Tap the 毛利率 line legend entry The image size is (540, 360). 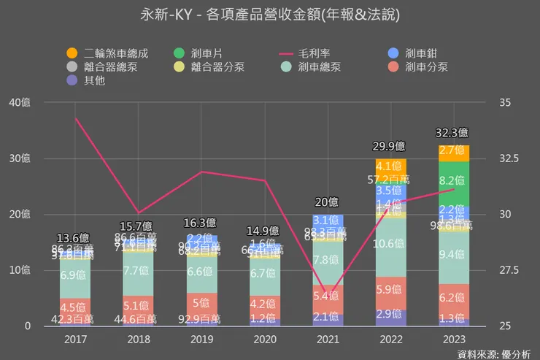pyautogui.click(x=306, y=53)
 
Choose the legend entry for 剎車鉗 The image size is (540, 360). pyautogui.click(x=416, y=53)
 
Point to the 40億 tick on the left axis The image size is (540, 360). pyautogui.click(x=21, y=102)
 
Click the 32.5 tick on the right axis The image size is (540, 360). pyautogui.click(x=509, y=158)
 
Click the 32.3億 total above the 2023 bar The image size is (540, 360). pyautogui.click(x=453, y=134)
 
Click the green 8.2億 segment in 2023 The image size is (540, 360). pyautogui.click(x=453, y=180)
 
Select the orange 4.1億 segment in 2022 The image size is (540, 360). pyautogui.click(x=391, y=166)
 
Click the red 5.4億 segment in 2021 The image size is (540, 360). pyautogui.click(x=328, y=296)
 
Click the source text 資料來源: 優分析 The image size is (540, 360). pyautogui.click(x=493, y=353)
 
